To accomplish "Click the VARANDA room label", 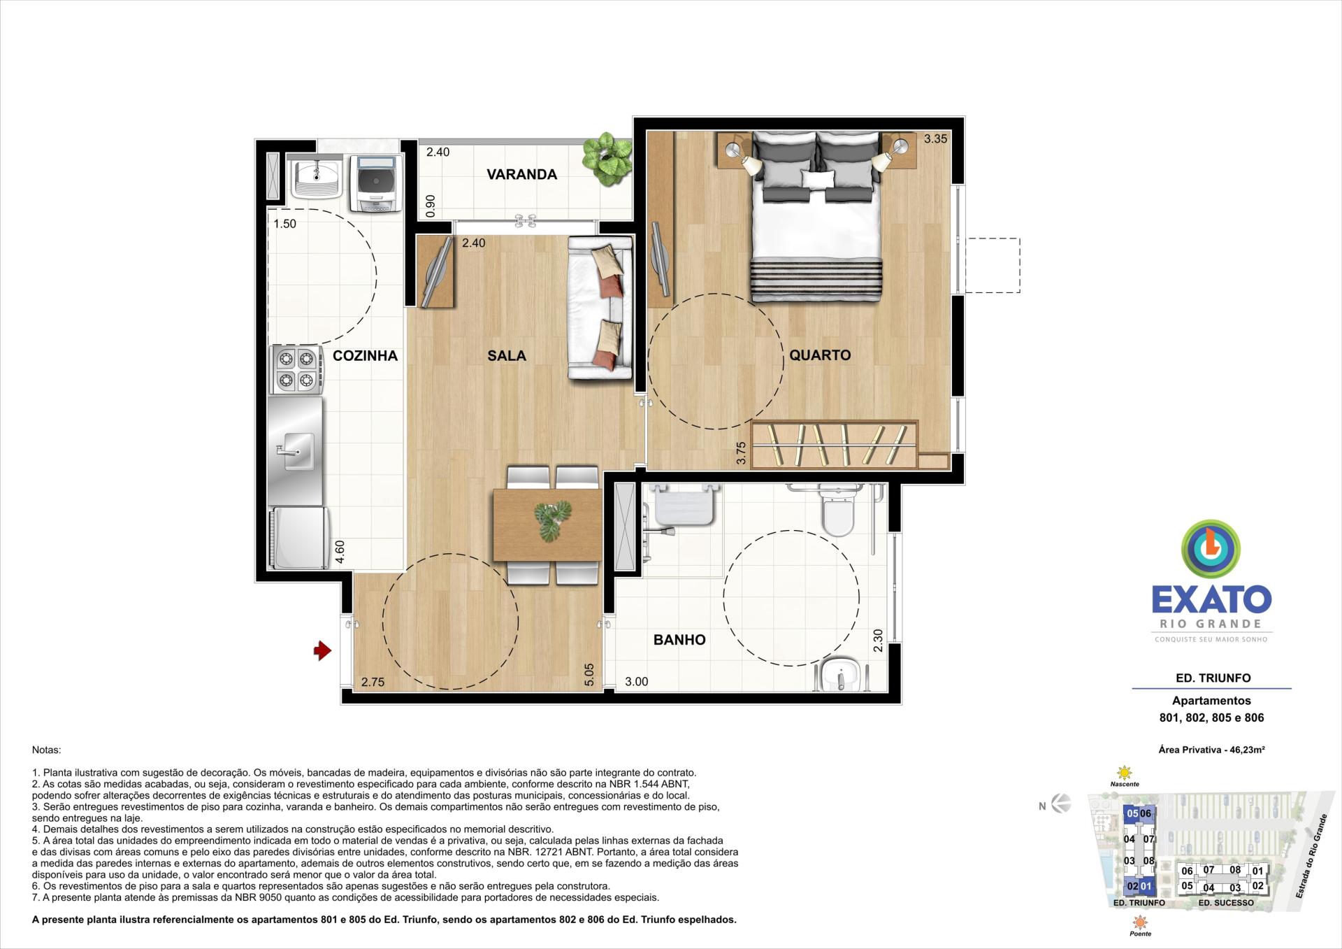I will click(x=521, y=174).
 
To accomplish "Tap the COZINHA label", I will click(x=365, y=355).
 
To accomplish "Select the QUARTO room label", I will click(x=820, y=355).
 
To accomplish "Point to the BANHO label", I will click(x=679, y=639).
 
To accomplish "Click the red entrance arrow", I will click(x=322, y=651).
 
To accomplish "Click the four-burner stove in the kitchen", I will click(x=296, y=370).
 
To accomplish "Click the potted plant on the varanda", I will click(x=607, y=158).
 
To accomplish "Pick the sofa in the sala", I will click(x=600, y=308).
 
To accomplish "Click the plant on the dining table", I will click(x=552, y=520).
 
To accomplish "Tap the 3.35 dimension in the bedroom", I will click(x=935, y=138).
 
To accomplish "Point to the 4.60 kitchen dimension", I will click(x=340, y=552).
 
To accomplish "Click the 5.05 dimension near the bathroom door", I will click(x=589, y=674).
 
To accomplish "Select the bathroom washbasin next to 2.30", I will click(x=840, y=675).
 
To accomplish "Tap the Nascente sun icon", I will click(x=1124, y=773).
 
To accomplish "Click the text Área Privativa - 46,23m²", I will click(x=1211, y=750).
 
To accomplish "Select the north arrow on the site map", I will click(x=1060, y=804).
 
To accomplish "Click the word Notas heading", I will click(x=46, y=750).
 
